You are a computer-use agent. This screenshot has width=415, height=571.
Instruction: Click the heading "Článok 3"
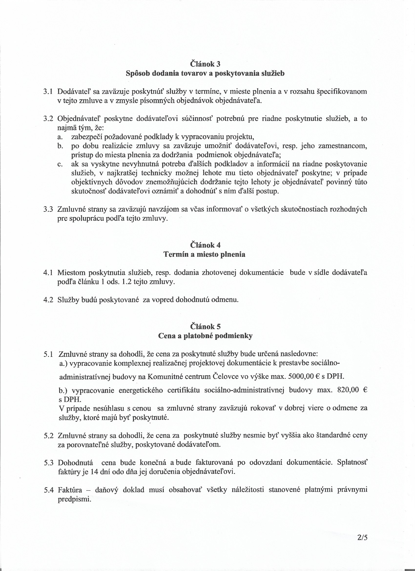click(205, 64)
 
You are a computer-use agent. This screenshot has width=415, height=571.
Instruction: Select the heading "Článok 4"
click(205, 245)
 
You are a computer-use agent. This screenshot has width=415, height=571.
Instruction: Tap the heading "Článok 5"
click(205, 327)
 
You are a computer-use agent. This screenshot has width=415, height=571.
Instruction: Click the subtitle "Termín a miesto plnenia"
click(204, 254)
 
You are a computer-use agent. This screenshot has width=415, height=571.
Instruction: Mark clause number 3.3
click(48, 210)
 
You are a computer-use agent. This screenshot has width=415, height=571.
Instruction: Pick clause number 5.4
click(49, 490)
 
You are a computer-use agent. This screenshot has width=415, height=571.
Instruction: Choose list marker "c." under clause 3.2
click(60, 165)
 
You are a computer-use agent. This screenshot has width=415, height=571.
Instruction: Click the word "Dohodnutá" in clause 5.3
click(75, 463)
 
